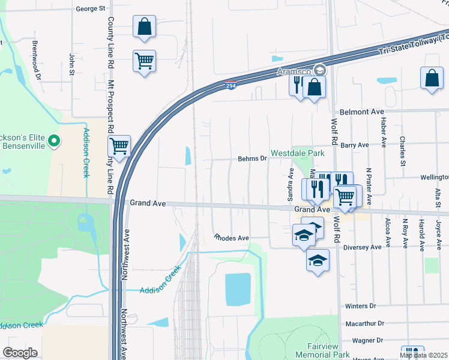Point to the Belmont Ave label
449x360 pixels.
coord(361,112)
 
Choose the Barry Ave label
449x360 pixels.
coord(354,145)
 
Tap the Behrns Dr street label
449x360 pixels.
coord(253,158)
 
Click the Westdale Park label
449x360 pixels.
coord(297,154)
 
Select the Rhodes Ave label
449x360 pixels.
coord(232,238)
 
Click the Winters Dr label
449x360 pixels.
coord(360,306)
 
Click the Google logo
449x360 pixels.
coord(20,353)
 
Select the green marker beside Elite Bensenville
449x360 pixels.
coord(54,142)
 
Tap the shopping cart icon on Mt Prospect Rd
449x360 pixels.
coord(119,146)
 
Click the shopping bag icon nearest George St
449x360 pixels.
coord(145,26)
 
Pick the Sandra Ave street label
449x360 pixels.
coord(291,190)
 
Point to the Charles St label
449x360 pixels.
coord(401,150)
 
